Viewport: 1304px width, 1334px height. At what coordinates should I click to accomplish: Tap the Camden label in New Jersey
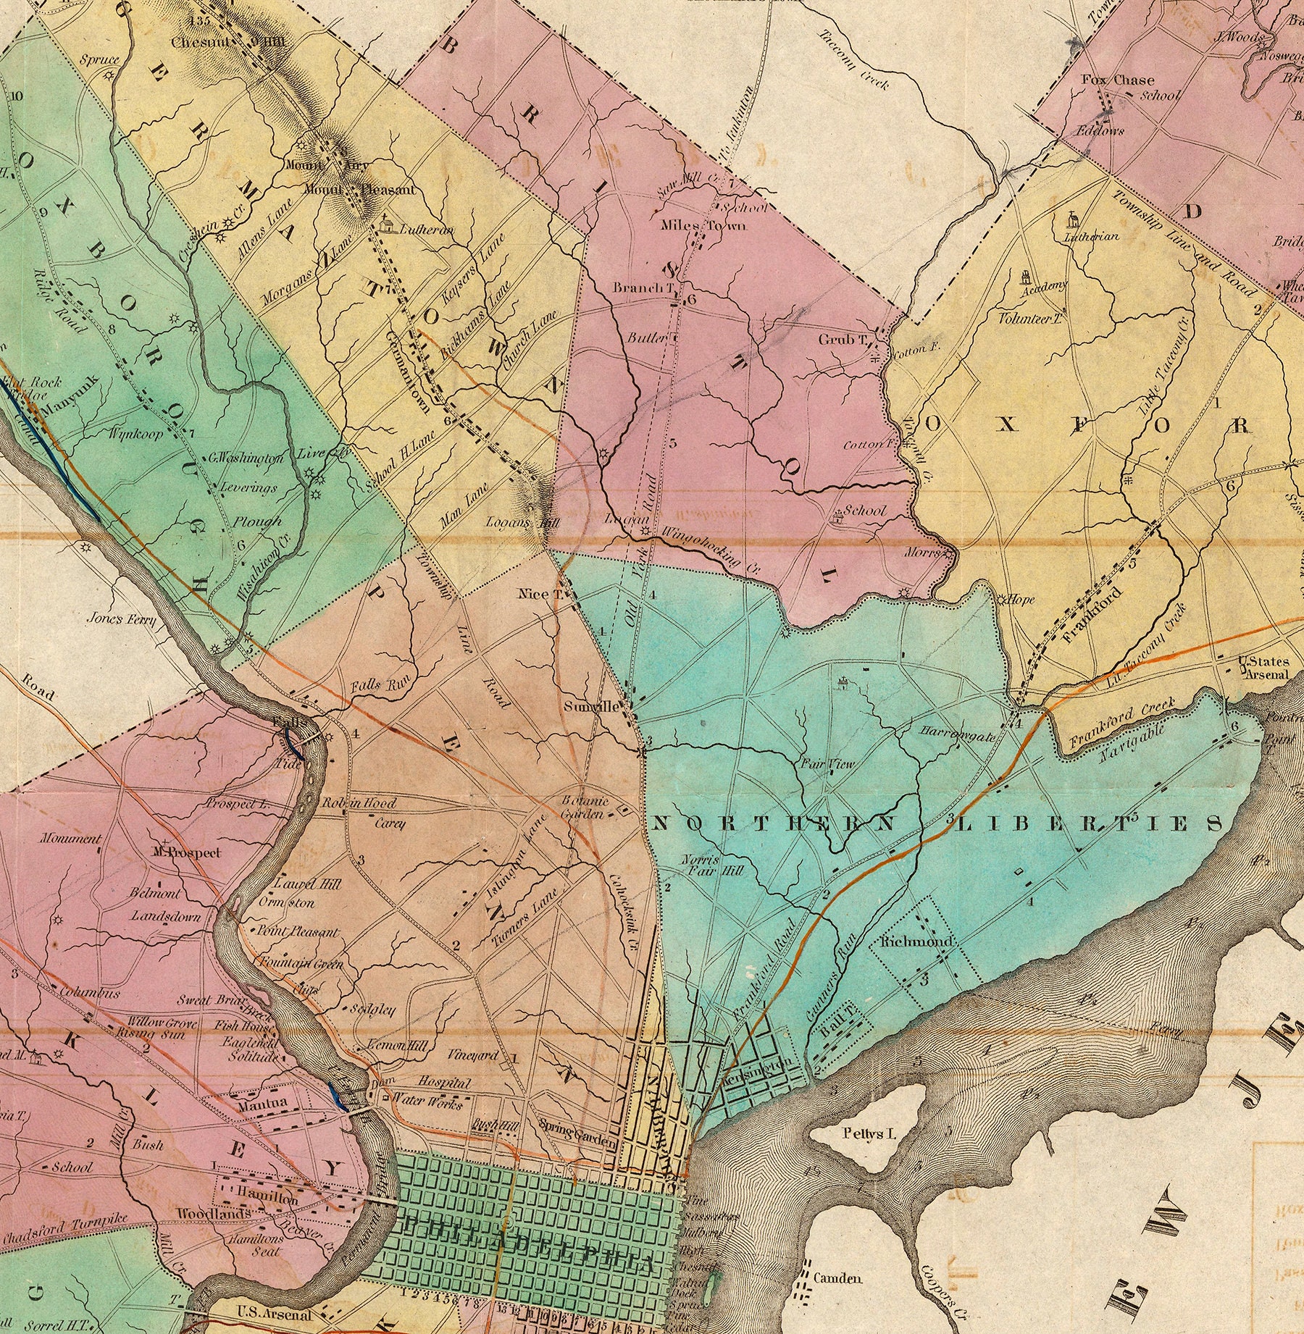click(837, 1278)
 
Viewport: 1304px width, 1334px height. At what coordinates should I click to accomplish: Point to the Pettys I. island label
click(869, 1133)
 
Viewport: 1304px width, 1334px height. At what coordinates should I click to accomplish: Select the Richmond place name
click(915, 942)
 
